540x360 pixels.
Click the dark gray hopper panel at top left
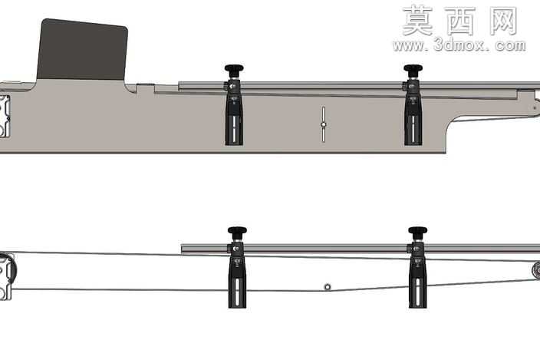83,50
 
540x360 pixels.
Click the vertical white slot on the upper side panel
324,124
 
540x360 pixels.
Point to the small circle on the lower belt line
328,286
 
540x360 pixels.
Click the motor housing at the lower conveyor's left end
6,276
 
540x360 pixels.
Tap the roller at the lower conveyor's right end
537,269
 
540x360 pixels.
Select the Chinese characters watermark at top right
459,21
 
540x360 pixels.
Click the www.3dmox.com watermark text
459,45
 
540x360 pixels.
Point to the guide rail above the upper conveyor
359,85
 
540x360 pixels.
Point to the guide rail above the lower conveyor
361,248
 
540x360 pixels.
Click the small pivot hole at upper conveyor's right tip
535,107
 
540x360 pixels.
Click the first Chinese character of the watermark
417,21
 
